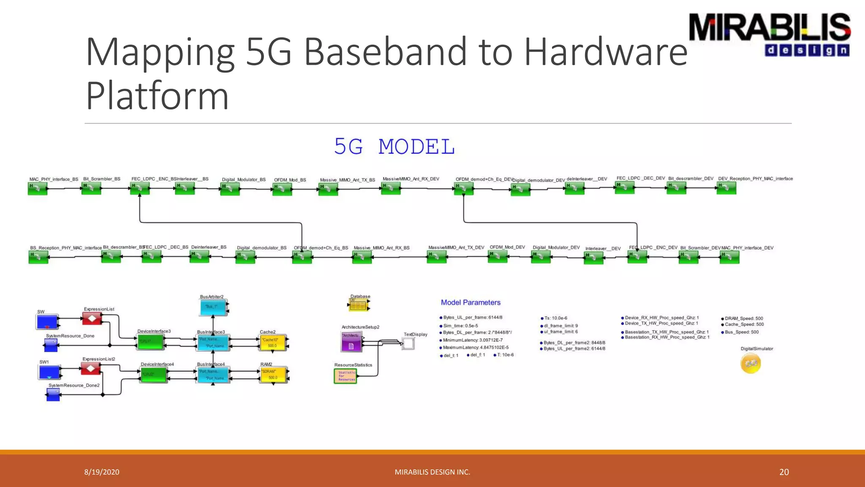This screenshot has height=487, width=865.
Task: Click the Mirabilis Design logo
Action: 770,35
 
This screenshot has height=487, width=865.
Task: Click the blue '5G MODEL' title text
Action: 394,147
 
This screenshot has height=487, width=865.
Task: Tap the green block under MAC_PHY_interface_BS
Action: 38,189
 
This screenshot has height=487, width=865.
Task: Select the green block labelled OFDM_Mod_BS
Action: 282,189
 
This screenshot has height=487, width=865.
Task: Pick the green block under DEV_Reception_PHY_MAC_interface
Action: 726,188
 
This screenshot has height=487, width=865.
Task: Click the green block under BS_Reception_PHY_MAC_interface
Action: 38,257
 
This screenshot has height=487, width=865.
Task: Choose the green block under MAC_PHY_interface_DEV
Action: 729,257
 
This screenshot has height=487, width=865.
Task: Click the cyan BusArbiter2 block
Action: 213,307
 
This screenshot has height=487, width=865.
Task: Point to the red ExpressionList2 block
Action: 91,369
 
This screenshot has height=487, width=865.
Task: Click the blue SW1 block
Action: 49,372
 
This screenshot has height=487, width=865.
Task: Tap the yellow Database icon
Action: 359,305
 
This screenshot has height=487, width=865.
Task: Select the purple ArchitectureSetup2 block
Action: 351,342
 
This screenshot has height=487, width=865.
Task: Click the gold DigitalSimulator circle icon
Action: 751,363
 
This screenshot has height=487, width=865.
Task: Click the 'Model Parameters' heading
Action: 471,303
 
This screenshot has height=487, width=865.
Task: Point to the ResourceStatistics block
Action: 345,376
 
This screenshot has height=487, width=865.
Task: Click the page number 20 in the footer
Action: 784,472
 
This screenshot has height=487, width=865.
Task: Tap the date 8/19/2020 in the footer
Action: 102,472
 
